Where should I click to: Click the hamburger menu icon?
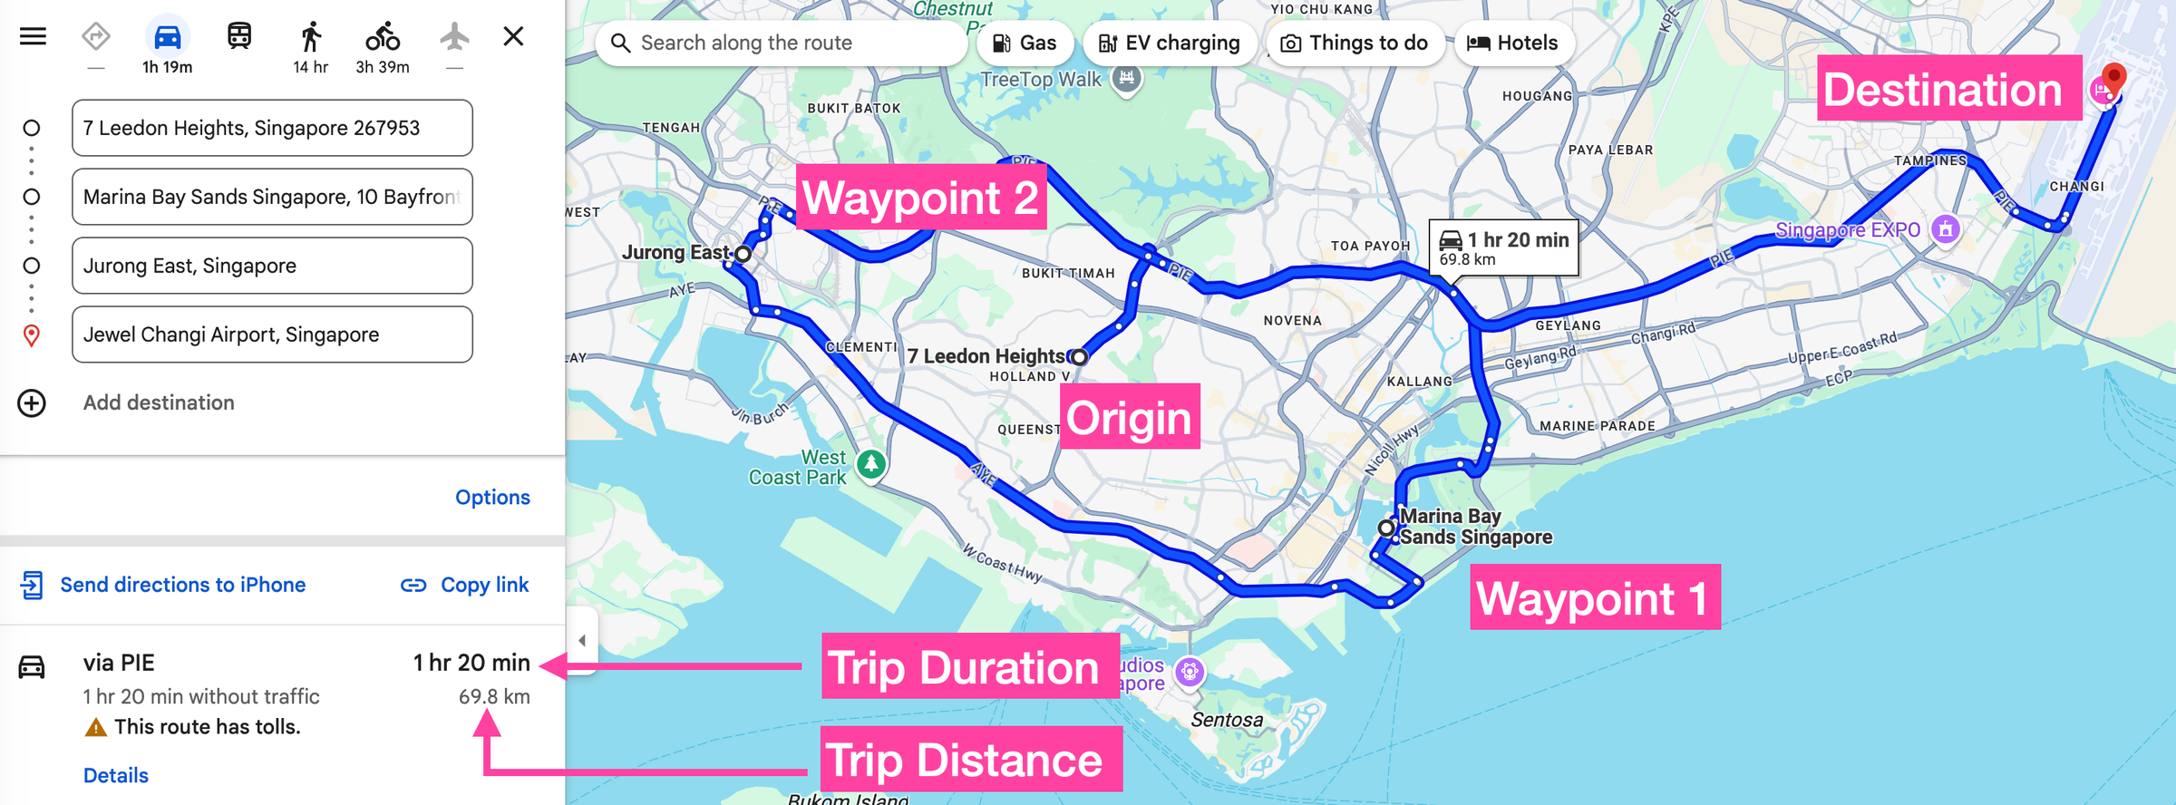coord(33,36)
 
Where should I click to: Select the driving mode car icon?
coord(168,38)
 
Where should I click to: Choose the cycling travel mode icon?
coord(383,38)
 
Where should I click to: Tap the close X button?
coord(513,36)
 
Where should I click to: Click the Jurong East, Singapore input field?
coord(272,266)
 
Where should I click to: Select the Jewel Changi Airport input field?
coord(272,335)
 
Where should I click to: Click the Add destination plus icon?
coord(32,403)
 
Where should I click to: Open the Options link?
coord(492,498)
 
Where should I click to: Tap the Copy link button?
coord(465,586)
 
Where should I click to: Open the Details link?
coord(116,776)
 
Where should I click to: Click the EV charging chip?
coord(1169,44)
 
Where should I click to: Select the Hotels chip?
coord(1512,44)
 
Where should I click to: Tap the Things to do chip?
coord(1355,44)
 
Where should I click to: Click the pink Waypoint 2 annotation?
coord(921,198)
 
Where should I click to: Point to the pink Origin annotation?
coord(1129,417)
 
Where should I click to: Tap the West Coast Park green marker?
coord(871,464)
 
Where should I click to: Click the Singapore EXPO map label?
coord(1847,230)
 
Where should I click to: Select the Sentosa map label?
coord(1227,720)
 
